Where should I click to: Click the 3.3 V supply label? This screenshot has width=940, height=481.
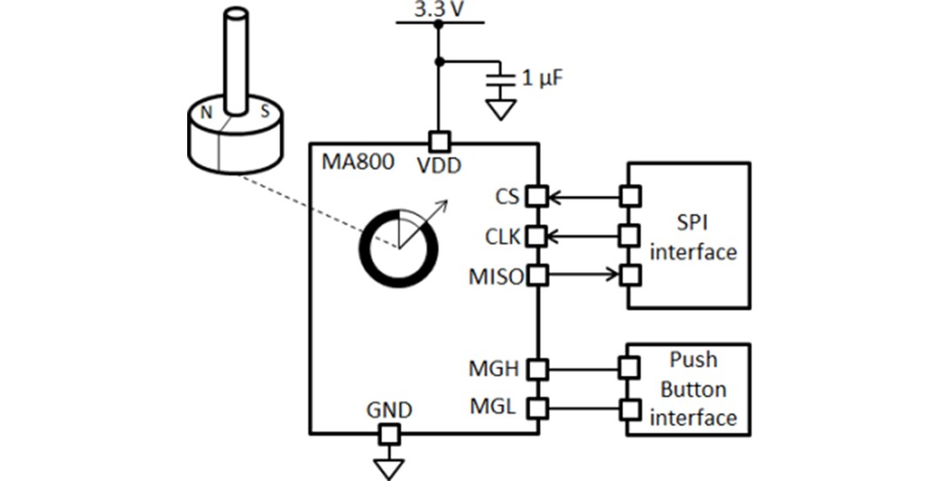tap(438, 10)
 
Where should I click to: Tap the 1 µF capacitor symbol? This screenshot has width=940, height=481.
tap(500, 79)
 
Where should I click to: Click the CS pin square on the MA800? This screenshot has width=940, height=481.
tap(538, 196)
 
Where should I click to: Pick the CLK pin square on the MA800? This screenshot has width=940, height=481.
tap(538, 235)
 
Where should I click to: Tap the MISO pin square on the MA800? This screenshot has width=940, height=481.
tap(538, 276)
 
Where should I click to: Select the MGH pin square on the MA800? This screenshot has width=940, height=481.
tap(538, 369)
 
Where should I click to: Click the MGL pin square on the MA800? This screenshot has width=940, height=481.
tap(538, 407)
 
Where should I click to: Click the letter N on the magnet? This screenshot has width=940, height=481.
tap(206, 112)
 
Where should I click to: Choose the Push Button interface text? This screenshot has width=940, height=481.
tap(693, 389)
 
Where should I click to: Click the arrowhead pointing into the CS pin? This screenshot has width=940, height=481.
tap(554, 196)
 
